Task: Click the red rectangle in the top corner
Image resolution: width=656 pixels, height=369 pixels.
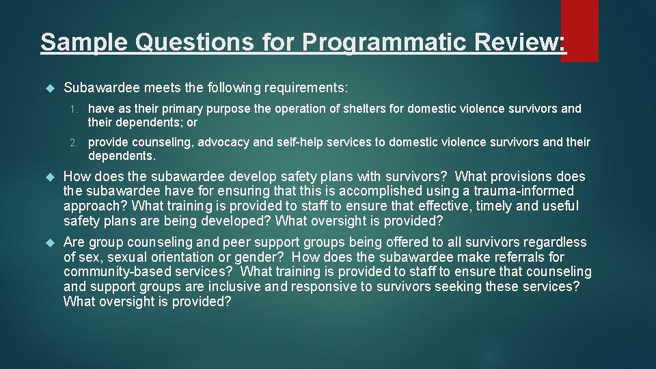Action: tap(579, 30)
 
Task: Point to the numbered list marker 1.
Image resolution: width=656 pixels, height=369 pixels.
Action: tap(77, 109)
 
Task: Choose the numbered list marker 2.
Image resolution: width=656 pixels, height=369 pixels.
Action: tap(77, 143)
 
